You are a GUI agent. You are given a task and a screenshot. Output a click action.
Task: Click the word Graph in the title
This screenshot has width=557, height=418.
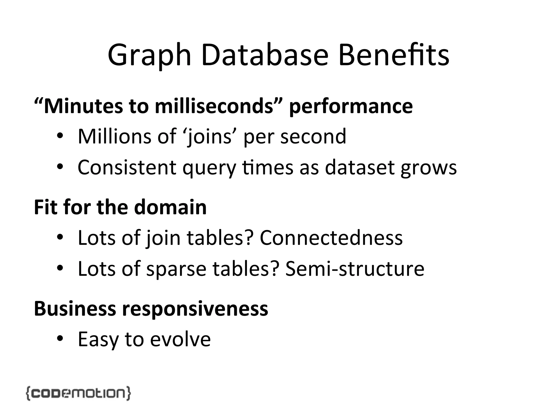click(x=149, y=56)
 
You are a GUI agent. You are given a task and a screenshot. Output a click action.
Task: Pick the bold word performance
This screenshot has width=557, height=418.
click(x=351, y=107)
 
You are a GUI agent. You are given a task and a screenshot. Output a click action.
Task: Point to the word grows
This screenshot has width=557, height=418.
click(x=429, y=168)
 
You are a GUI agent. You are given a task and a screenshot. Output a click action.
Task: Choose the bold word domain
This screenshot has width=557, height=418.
click(x=170, y=207)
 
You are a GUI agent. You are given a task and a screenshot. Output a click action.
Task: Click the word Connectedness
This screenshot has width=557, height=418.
click(x=331, y=238)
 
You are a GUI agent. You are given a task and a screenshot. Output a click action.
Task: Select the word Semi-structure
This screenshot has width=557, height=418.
click(x=355, y=269)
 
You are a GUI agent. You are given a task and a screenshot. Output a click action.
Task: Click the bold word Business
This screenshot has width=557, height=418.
click(x=75, y=309)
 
